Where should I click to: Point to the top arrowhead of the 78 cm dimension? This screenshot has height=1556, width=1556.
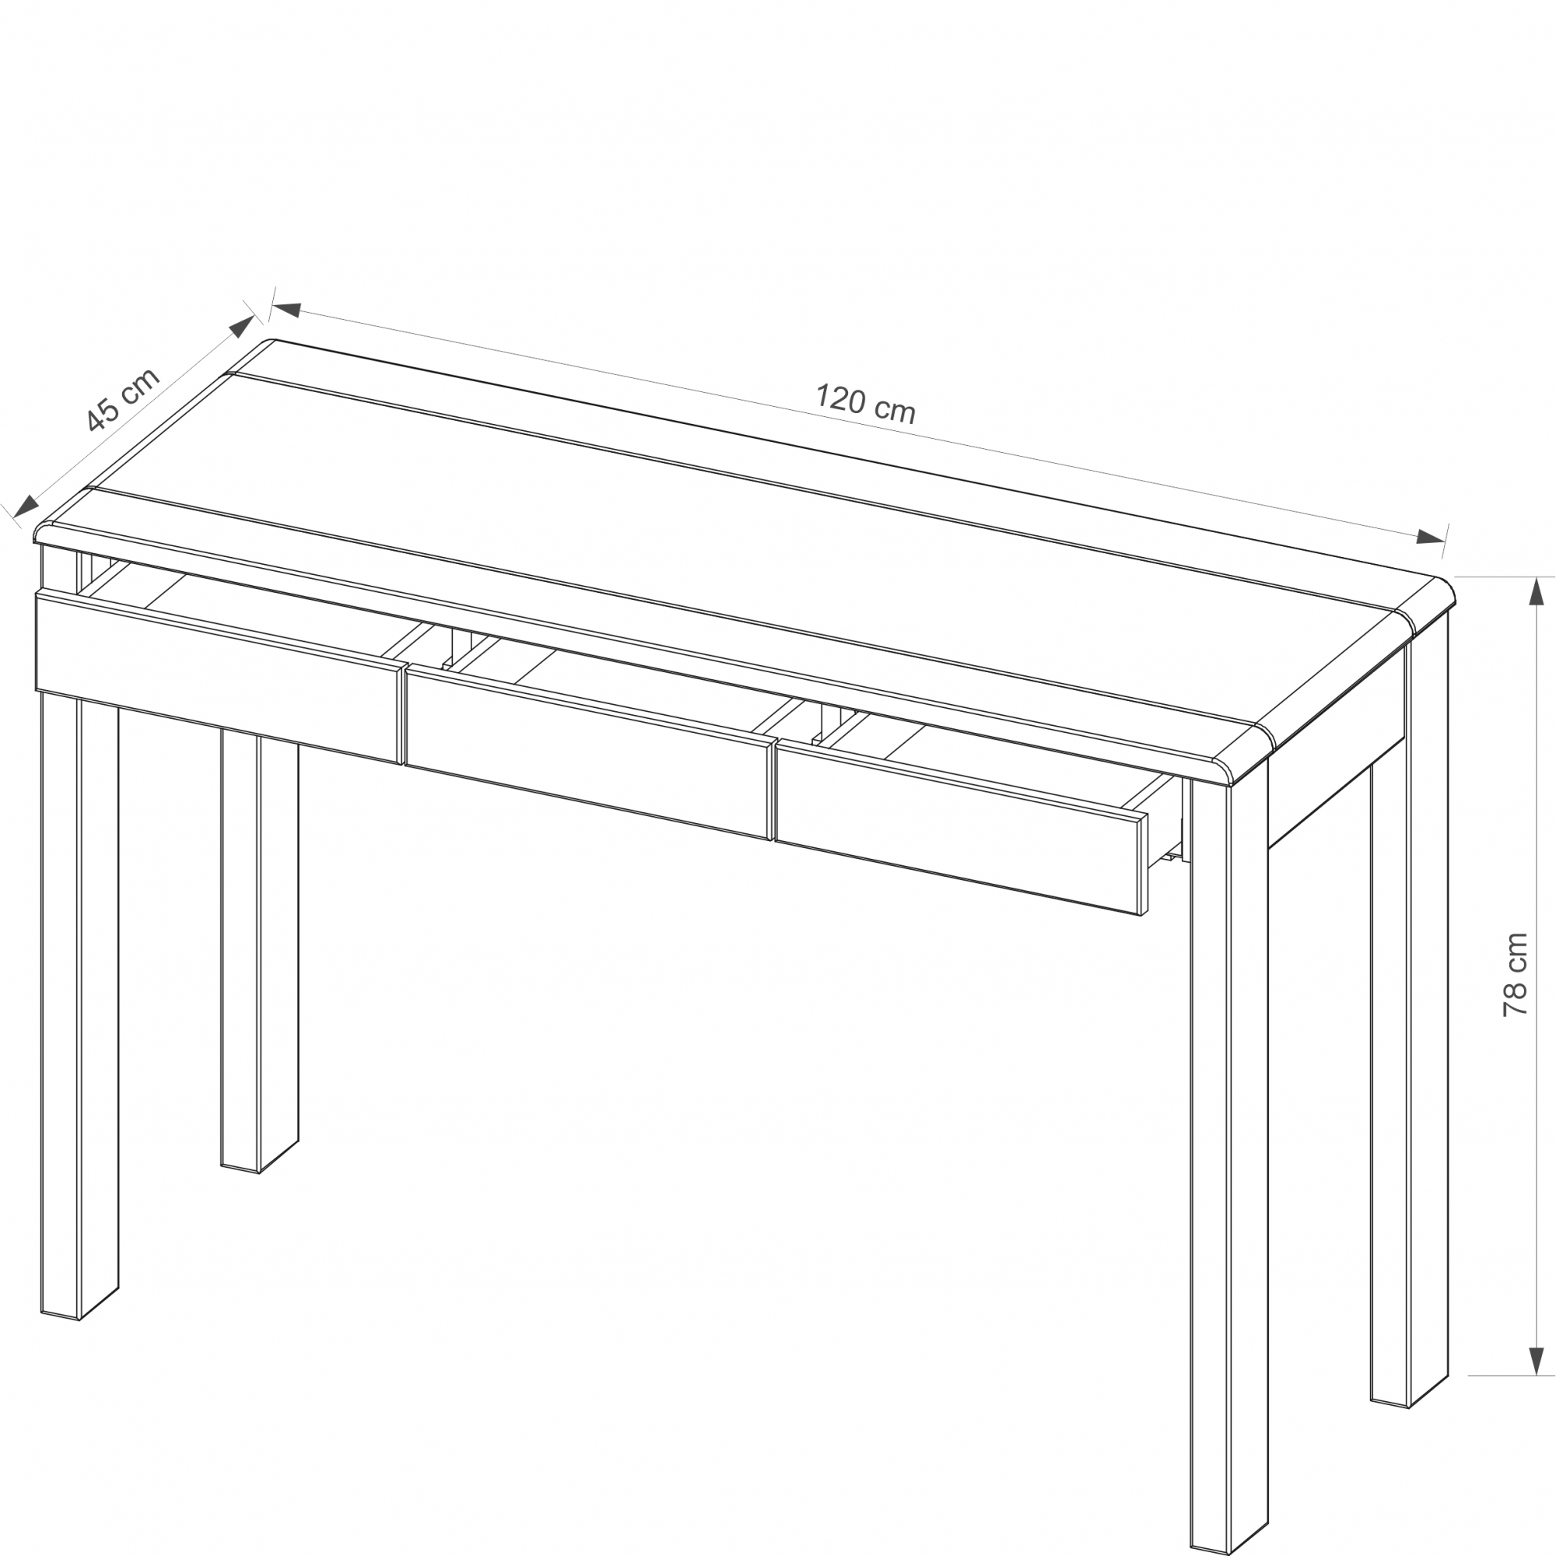pos(1537,592)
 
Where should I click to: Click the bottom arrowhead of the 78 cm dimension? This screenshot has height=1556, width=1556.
pos(1537,1360)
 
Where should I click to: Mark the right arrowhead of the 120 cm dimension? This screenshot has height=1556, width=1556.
pos(1431,537)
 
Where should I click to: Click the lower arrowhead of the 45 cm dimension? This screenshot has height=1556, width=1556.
pos(26,506)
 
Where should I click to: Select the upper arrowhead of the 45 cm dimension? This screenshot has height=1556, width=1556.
pos(243,326)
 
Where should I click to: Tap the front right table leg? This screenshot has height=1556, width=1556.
pos(1230,1160)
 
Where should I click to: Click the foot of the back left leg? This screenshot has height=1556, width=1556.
pos(259,1160)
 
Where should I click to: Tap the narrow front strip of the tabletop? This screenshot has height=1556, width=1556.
pos(644,636)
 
